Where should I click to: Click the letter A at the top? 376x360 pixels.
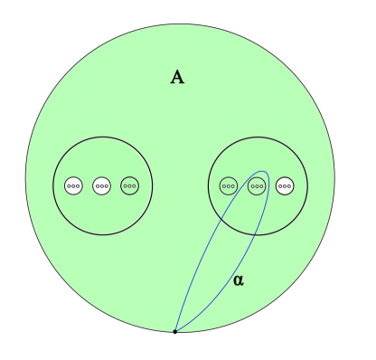(x=177, y=77)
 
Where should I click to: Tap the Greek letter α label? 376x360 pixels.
(x=239, y=281)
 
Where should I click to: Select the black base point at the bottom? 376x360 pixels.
(x=174, y=333)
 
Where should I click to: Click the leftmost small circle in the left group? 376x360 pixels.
(x=74, y=185)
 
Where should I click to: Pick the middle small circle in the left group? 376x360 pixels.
(x=102, y=185)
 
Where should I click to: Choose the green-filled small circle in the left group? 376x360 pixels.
(x=130, y=185)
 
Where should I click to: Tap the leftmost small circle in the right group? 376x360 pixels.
(x=229, y=185)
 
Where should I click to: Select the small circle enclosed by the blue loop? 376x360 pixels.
(x=257, y=185)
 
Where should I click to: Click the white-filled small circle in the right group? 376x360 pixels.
(x=285, y=185)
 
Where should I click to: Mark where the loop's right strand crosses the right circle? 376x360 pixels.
(x=258, y=234)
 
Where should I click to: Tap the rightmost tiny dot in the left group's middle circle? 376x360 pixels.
(x=106, y=185)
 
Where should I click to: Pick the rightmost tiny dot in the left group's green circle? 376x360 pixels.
(x=134, y=185)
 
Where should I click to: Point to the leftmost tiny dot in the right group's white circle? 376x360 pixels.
(x=281, y=185)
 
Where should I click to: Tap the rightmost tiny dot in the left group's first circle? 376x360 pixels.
(x=78, y=185)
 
